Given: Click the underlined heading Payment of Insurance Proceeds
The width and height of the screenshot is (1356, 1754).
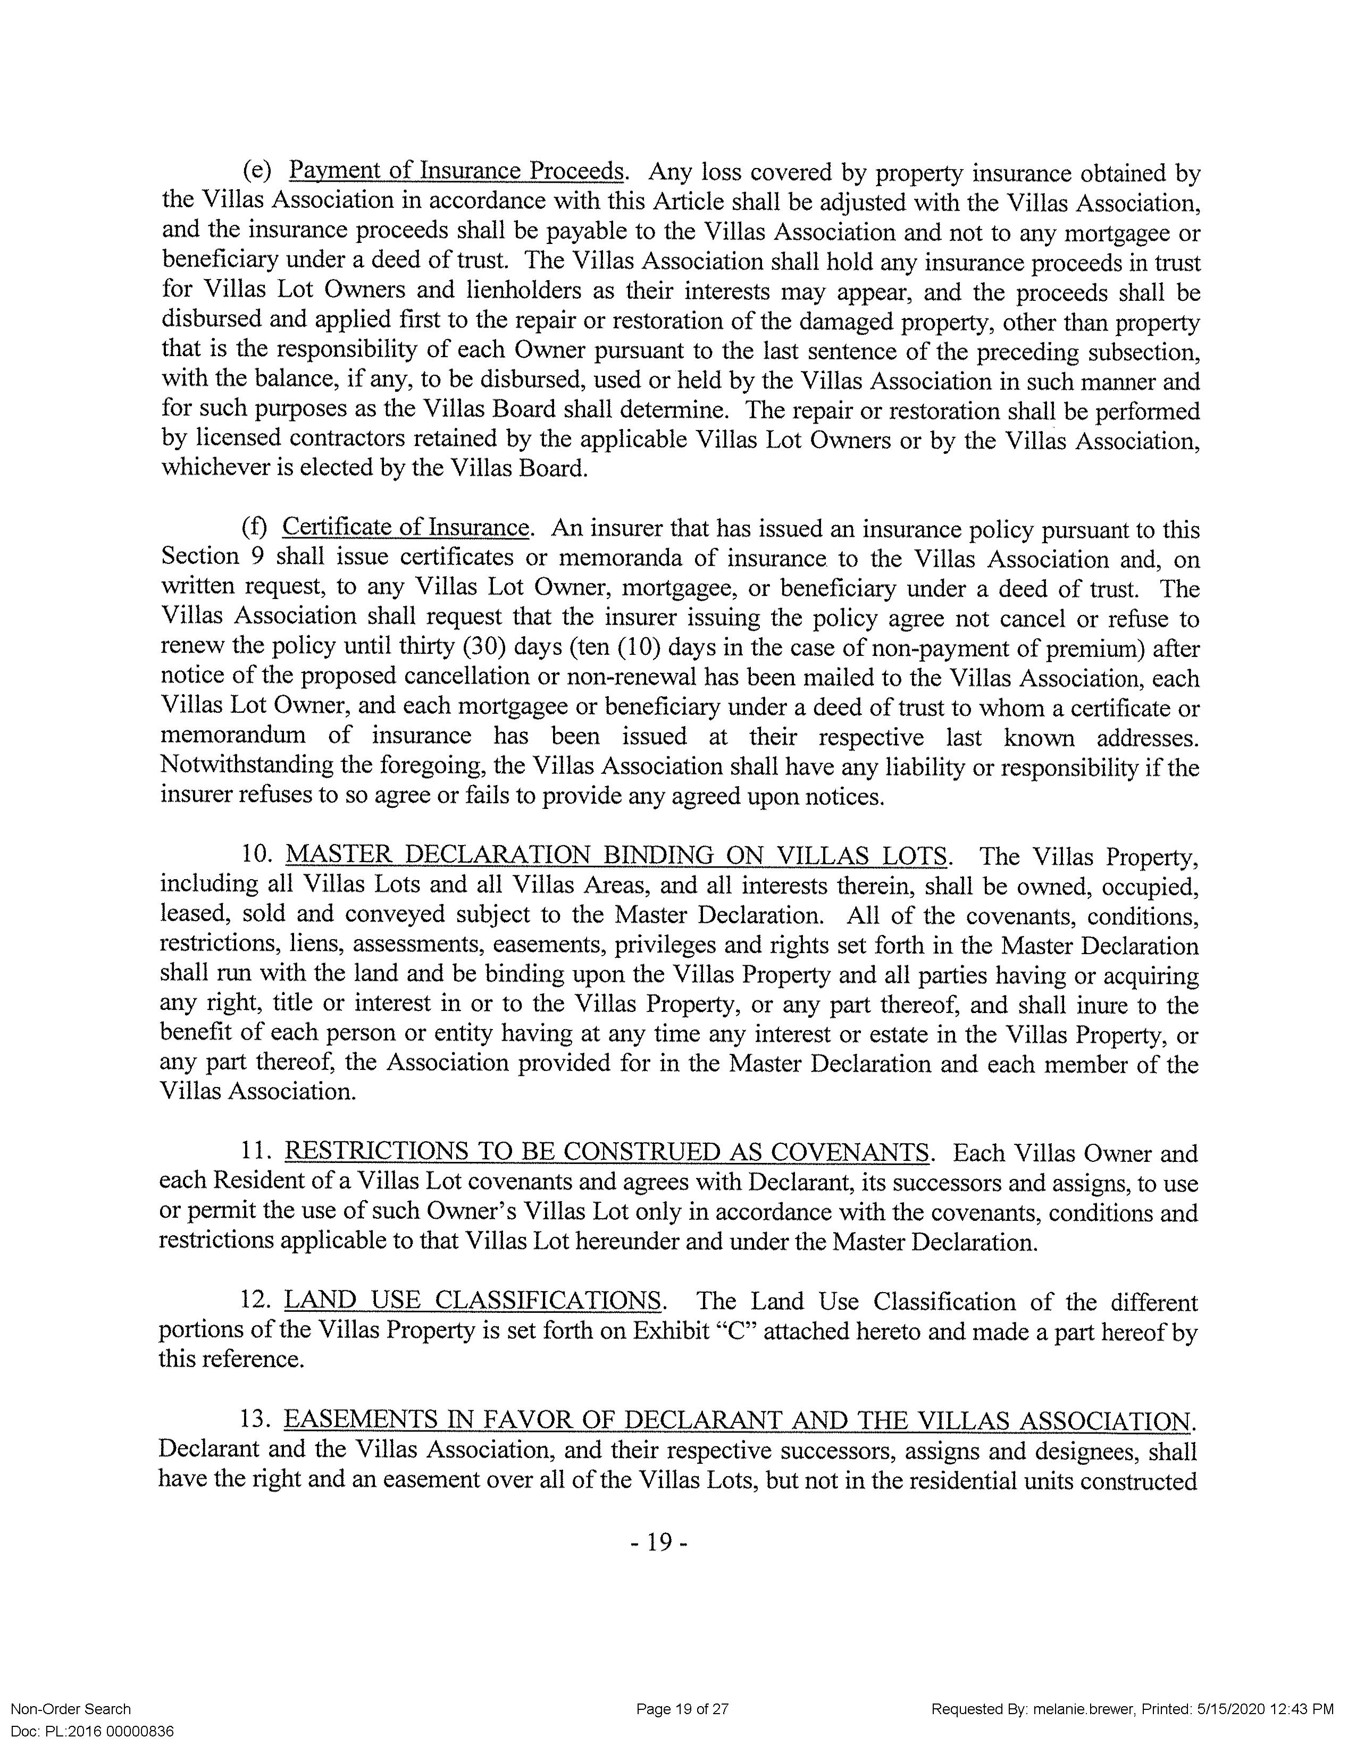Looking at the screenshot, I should [456, 172].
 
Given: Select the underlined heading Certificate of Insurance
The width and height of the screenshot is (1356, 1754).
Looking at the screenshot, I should [406, 528].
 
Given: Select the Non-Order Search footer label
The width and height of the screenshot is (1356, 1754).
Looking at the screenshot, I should [71, 1709].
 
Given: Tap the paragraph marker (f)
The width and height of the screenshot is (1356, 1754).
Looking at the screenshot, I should [255, 528].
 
